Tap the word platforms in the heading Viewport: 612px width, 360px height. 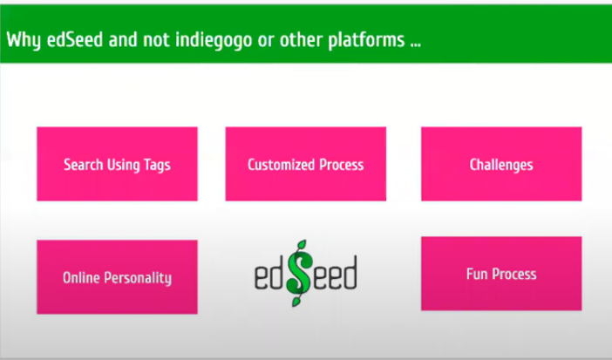point(366,40)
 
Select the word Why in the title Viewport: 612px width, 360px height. point(24,40)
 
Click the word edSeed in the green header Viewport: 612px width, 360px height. point(75,40)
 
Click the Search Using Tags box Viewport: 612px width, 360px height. point(117,164)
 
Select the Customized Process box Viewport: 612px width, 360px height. point(306,164)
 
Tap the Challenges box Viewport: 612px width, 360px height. point(501,164)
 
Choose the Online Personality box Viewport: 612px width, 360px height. point(117,277)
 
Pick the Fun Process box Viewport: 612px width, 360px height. point(501,274)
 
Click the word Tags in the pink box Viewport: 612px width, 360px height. point(157,165)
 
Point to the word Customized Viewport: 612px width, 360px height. point(281,165)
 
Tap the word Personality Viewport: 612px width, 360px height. point(139,278)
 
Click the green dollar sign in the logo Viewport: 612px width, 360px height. point(299,273)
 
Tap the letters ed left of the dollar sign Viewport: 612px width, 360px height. point(270,273)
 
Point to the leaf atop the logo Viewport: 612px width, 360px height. point(302,245)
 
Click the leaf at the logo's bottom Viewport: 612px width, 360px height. point(296,302)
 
